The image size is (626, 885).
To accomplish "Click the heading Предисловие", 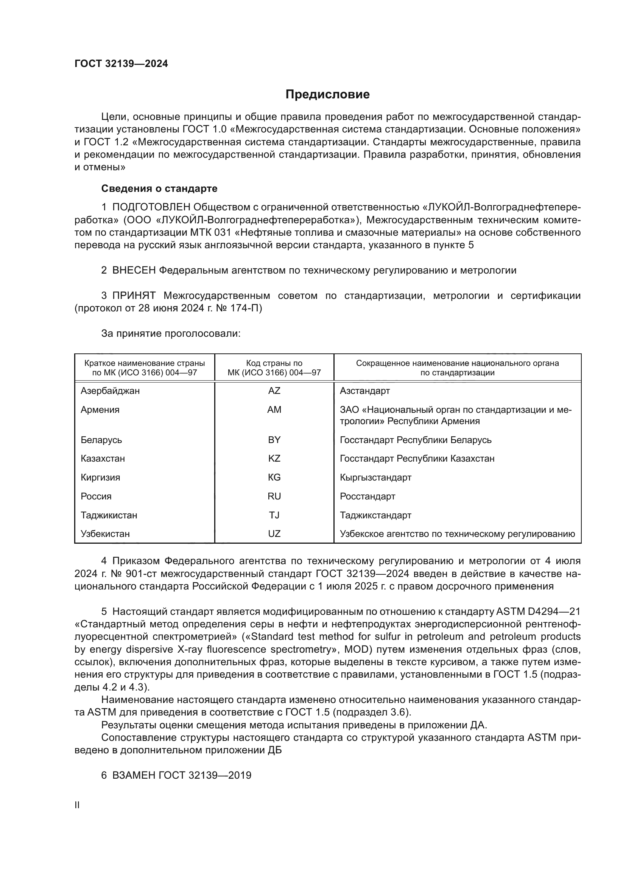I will coord(327,95).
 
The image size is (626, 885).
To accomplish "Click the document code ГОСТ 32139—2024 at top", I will coord(121,64).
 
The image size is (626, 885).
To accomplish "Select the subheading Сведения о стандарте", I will coord(159,188).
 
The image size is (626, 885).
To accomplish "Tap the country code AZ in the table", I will coord(274,391).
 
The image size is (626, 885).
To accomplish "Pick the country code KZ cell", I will coord(274,458).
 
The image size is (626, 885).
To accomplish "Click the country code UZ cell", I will coord(274,534).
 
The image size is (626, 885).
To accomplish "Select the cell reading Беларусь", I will coord(101,440).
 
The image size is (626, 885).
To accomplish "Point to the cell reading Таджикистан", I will coord(109,515).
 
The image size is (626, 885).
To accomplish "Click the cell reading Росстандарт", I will coord(368,496).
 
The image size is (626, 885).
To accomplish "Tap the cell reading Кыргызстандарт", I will coord(375,477).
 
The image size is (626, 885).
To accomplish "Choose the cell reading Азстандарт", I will coord(364,391).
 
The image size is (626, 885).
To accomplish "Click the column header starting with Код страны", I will coord(274,368).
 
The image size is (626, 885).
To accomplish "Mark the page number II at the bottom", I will coord(77,805).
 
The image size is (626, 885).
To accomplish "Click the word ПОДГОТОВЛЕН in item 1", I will coord(151,207).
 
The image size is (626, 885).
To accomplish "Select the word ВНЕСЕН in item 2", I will coord(134,271).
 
